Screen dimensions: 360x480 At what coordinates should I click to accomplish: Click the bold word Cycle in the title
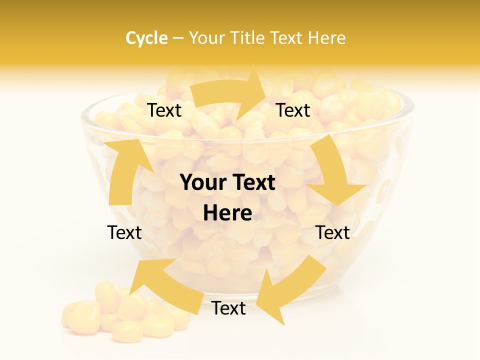point(146,38)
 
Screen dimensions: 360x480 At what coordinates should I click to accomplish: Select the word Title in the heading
point(248,38)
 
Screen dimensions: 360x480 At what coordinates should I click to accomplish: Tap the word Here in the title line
point(327,38)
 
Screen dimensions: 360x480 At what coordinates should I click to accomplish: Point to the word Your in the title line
point(207,38)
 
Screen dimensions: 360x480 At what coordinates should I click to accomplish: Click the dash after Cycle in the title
point(177,38)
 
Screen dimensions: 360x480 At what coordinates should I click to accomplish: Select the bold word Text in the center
point(252,182)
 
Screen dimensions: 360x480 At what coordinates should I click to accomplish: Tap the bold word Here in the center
point(227,213)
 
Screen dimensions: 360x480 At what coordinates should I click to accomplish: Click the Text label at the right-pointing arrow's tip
point(293,110)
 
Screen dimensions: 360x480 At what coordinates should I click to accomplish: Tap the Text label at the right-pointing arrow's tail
point(164,110)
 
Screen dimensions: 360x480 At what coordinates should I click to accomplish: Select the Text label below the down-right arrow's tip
point(333,232)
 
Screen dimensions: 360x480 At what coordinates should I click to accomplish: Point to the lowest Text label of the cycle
point(228,308)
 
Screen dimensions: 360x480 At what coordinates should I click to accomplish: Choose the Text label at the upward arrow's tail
point(124,232)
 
